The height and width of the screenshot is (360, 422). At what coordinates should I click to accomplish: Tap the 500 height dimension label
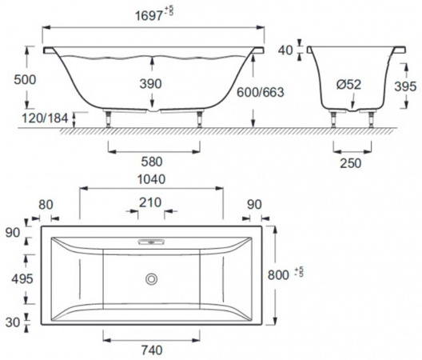point(25,80)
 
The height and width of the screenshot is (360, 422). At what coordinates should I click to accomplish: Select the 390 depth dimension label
point(151,83)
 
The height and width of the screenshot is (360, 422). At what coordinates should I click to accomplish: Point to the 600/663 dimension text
point(261,92)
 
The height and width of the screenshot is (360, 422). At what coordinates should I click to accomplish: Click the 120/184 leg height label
point(45,118)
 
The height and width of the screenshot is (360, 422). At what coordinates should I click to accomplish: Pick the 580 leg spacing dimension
point(152,162)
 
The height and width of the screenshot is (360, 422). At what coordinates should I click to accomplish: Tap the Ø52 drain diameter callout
point(348,85)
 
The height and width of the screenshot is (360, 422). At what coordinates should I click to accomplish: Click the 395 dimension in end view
point(405,86)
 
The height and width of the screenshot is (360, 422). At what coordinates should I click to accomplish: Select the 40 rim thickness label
point(285,50)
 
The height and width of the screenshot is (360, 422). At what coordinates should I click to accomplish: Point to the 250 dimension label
point(350,163)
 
